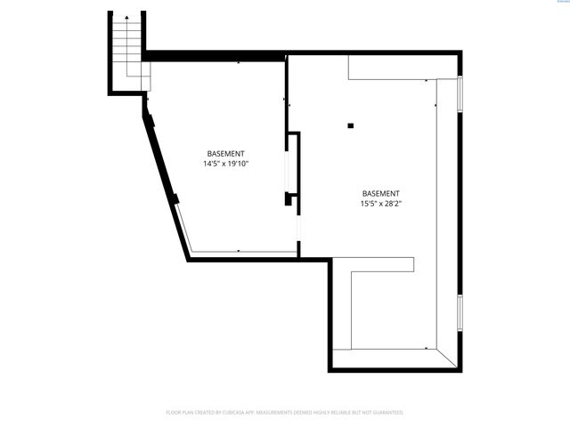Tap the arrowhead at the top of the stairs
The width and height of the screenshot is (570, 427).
point(127,18)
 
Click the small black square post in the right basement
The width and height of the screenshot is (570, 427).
point(351,125)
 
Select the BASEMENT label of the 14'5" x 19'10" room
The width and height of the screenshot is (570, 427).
point(225,153)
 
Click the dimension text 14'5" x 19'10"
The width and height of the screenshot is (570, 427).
point(225,164)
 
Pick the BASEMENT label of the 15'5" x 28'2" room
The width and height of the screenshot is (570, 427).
point(380,193)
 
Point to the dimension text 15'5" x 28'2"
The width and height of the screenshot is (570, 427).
point(380,204)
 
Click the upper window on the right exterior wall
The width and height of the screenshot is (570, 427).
point(460,95)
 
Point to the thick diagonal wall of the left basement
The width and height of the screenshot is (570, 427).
point(164,178)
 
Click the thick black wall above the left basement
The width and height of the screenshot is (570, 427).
point(214,56)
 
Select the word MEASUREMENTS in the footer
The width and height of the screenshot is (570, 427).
point(281,413)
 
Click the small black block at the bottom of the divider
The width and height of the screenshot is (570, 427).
point(289,199)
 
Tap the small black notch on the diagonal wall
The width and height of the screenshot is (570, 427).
point(175,198)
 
